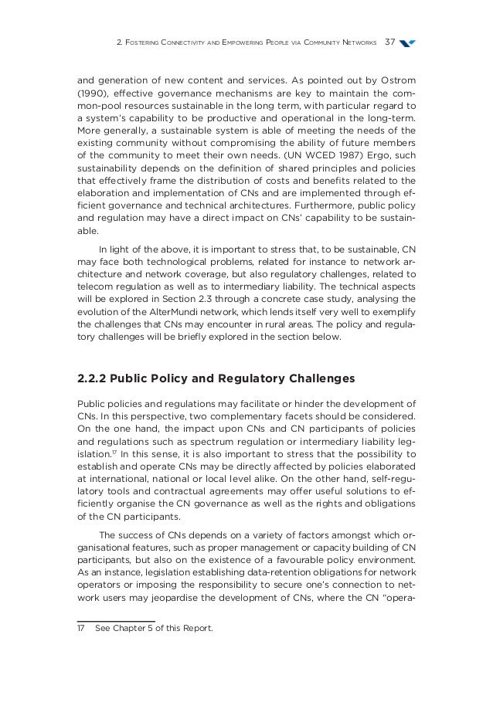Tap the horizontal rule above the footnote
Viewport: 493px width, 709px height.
[116, 621]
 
